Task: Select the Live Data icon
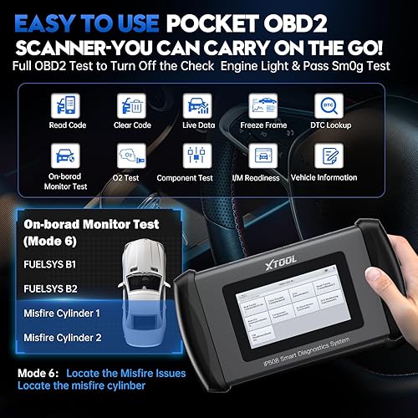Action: (196, 105)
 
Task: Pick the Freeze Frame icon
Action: (262, 105)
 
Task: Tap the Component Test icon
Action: (196, 155)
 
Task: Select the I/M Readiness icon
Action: (262, 155)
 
